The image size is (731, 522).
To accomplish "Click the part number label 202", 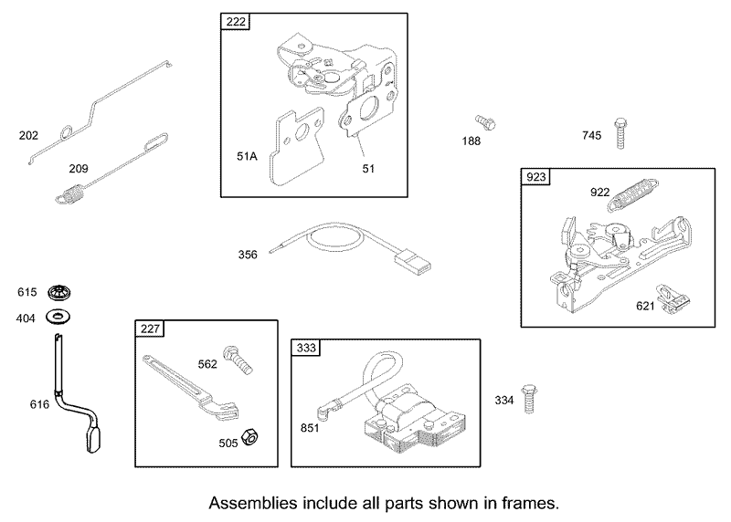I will (28, 136).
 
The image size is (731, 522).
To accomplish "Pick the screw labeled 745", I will (621, 133).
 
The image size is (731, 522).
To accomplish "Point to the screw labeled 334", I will (527, 400).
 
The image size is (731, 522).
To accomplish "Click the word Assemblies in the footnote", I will (249, 503).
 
